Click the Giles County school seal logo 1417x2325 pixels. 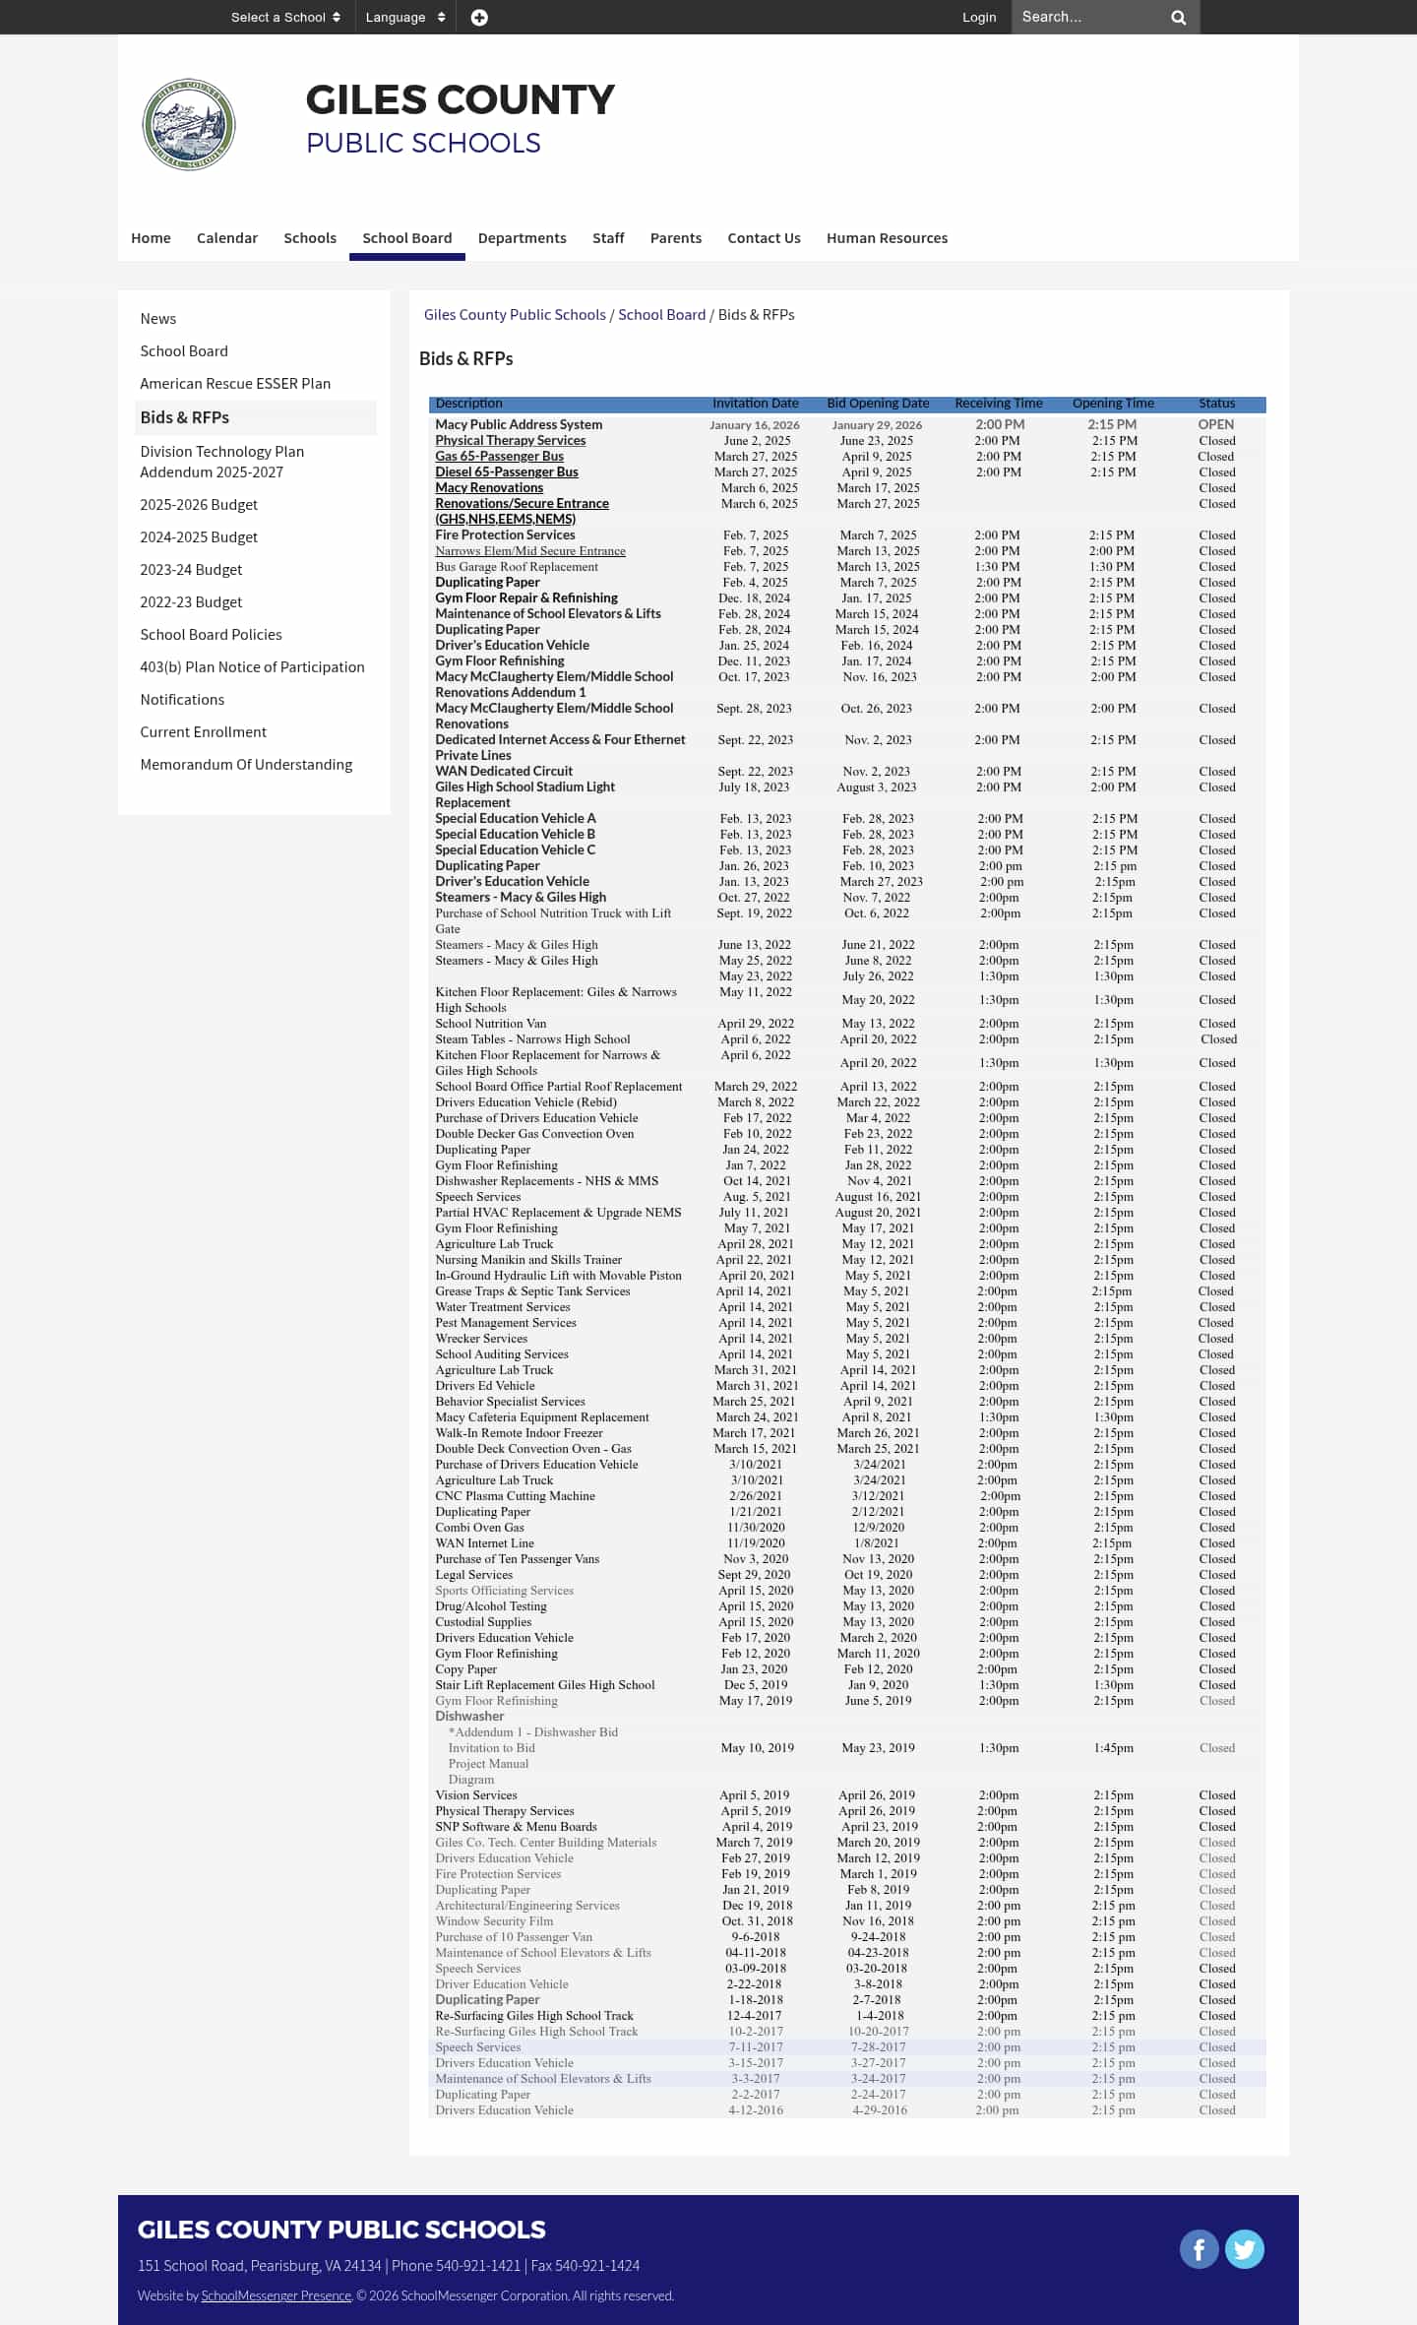click(189, 125)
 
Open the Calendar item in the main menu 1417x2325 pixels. click(227, 238)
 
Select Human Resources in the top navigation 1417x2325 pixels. click(887, 238)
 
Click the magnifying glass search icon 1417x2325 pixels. click(1178, 18)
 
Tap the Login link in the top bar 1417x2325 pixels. click(978, 18)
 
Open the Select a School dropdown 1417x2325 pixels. click(285, 18)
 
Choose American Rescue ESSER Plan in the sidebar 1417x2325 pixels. click(235, 384)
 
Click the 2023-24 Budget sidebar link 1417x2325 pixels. click(191, 570)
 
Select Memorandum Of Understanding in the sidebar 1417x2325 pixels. click(246, 765)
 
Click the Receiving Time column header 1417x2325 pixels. click(998, 404)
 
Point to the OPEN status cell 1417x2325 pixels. click(1216, 425)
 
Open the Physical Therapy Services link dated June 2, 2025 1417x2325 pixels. click(510, 441)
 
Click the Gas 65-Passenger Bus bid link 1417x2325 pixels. click(499, 457)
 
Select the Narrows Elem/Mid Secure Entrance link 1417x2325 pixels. click(530, 551)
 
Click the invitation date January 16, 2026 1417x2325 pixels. click(755, 425)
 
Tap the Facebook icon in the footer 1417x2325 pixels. click(1199, 2249)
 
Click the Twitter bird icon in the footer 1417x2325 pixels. click(1245, 2249)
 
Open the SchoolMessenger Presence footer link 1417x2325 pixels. click(276, 2295)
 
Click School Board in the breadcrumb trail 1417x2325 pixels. click(661, 315)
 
